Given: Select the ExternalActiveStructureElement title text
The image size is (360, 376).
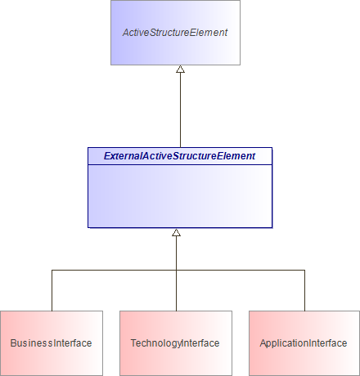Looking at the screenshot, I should click(x=180, y=155).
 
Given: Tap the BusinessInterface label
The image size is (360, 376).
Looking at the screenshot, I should click(x=51, y=343).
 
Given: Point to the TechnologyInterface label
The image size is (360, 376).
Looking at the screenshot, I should click(x=175, y=343).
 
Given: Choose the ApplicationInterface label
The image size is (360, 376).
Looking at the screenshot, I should click(x=304, y=343).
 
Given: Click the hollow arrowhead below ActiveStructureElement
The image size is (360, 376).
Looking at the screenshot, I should click(x=180, y=70).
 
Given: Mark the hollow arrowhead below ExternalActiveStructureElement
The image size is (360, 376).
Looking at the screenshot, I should click(x=176, y=233).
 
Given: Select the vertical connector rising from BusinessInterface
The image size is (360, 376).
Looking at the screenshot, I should click(x=52, y=290).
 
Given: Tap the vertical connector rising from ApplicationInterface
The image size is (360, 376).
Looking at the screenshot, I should click(x=305, y=290).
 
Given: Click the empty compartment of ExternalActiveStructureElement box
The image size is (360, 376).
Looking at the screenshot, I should click(x=180, y=196).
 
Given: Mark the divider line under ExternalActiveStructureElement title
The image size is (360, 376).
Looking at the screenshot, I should click(x=180, y=164).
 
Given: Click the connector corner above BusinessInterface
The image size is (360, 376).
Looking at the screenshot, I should click(x=52, y=270).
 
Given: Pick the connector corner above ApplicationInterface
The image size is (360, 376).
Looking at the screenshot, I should click(x=305, y=270).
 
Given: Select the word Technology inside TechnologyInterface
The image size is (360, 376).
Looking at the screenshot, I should click(x=155, y=343).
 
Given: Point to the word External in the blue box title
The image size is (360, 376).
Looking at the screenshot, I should click(x=122, y=155).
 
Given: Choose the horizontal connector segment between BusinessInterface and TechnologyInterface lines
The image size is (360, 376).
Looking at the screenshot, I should click(x=115, y=270).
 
